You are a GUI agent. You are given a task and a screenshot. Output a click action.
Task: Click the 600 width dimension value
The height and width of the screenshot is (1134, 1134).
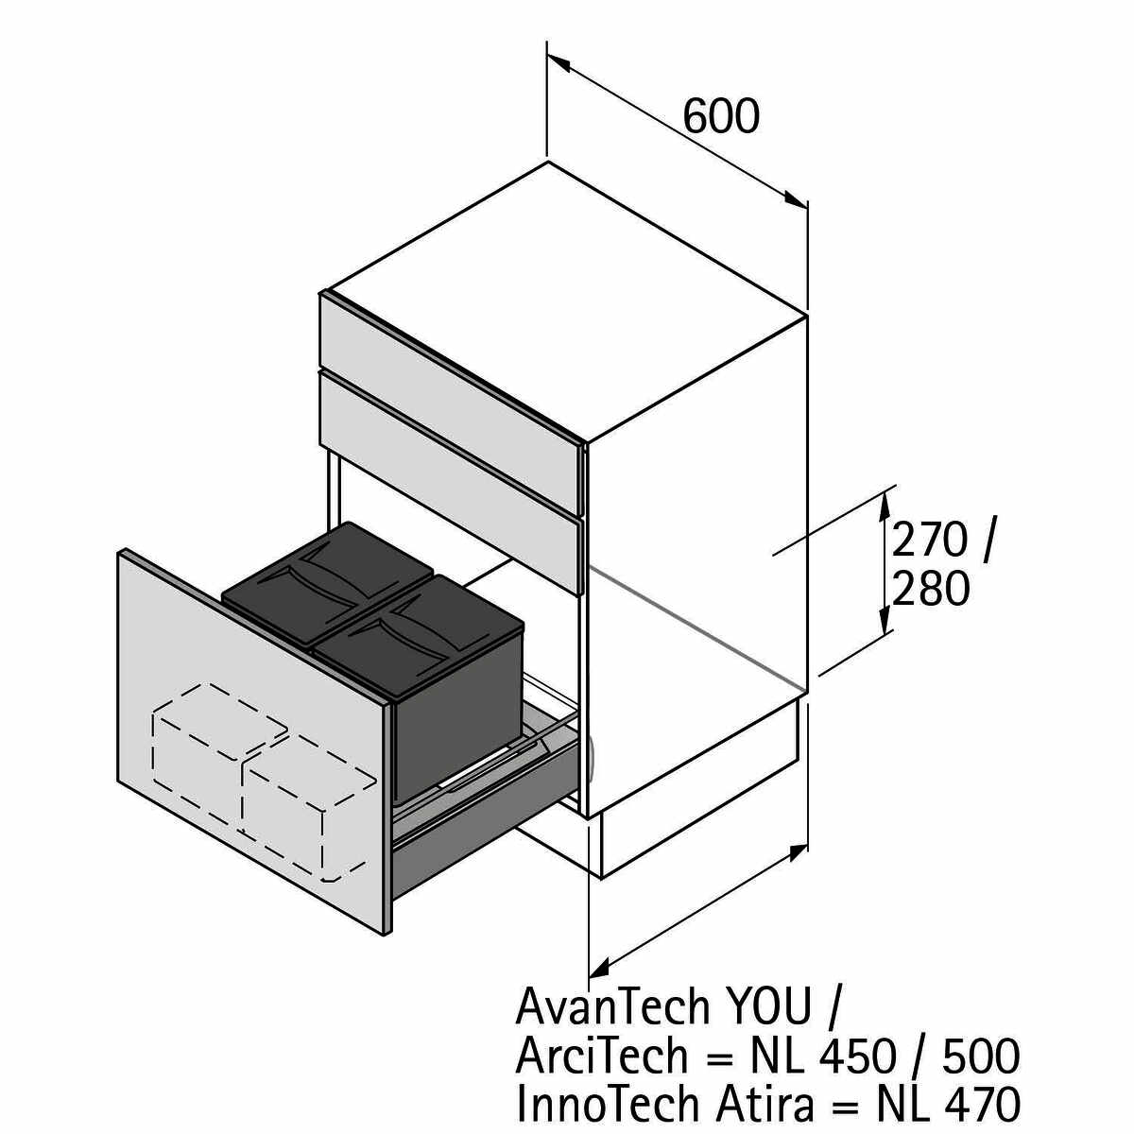tap(721, 117)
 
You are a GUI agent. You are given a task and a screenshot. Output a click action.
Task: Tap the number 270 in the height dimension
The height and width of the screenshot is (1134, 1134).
tap(931, 541)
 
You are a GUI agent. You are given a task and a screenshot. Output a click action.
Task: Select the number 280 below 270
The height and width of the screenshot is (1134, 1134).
tap(931, 590)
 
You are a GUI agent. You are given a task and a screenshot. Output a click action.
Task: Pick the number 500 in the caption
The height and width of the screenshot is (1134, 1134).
tap(980, 1056)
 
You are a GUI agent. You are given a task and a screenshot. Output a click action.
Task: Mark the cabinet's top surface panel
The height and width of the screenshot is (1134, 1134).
tap(567, 302)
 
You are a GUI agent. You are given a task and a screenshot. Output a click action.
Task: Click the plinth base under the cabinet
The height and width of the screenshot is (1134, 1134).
tap(699, 784)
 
